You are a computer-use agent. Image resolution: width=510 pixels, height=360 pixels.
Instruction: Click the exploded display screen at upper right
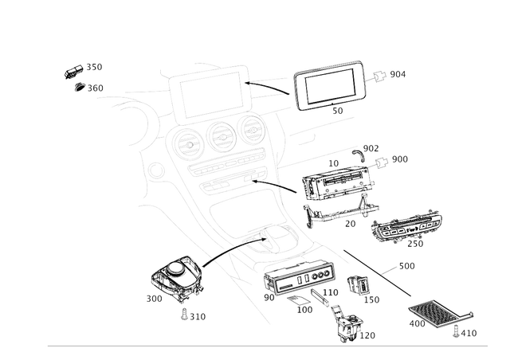[328, 88]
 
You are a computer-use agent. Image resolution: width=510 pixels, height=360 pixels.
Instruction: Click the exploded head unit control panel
[335, 192]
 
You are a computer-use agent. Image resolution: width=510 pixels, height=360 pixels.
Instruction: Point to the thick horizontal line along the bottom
[267, 346]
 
